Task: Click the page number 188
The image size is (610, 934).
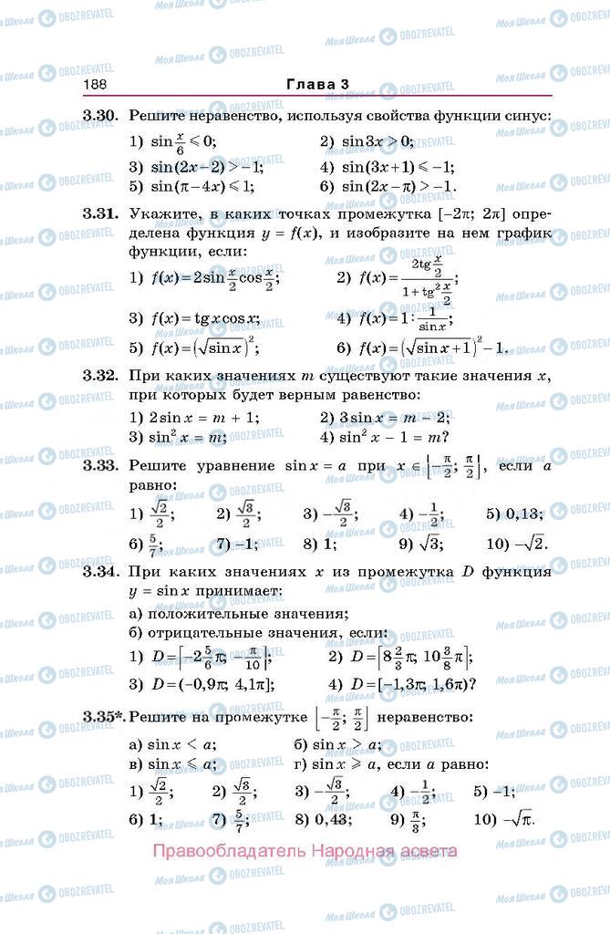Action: pyautogui.click(x=95, y=85)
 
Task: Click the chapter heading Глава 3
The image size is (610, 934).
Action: pyautogui.click(x=317, y=85)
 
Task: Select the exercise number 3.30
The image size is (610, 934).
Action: pyautogui.click(x=100, y=116)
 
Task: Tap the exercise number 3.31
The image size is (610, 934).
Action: pyautogui.click(x=100, y=213)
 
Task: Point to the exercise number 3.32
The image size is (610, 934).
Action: pyautogui.click(x=100, y=376)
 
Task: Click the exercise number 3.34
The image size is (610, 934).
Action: pyautogui.click(x=100, y=572)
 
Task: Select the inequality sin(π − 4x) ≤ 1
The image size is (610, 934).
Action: pyautogui.click(x=191, y=186)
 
